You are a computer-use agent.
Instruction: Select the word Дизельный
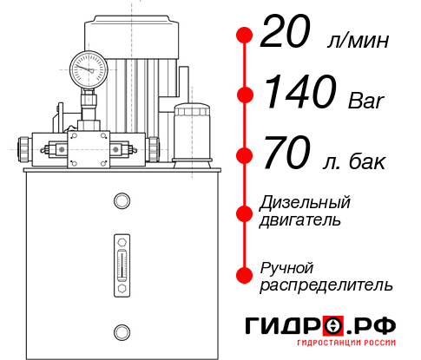coord(306,203)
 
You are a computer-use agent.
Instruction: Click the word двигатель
coord(300,220)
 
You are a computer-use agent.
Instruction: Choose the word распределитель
coord(326,285)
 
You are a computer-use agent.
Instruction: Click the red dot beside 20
coord(245,36)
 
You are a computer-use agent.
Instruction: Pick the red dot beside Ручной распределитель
coord(245,275)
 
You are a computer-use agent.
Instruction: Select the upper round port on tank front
coord(121,201)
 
